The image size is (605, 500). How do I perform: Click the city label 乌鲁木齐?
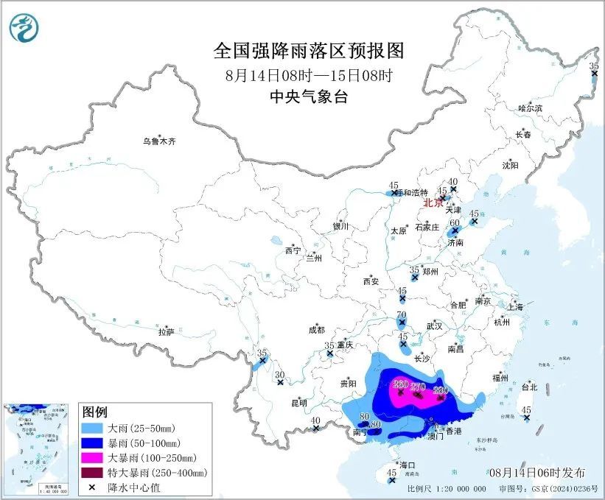tap(160, 141)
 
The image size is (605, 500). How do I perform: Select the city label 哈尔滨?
tap(530, 108)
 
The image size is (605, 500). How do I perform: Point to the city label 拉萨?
tap(166, 331)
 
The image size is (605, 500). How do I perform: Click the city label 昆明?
tap(299, 403)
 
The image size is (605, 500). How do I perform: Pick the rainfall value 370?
tap(419, 387)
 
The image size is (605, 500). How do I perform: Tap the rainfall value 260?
tap(400, 384)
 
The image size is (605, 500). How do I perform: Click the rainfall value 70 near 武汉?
tap(402, 315)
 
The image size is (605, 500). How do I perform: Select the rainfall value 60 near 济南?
tap(455, 223)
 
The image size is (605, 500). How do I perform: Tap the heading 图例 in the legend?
tap(94, 410)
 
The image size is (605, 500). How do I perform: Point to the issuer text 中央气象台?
tap(309, 96)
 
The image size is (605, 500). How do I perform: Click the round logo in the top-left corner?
tap(24, 28)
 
